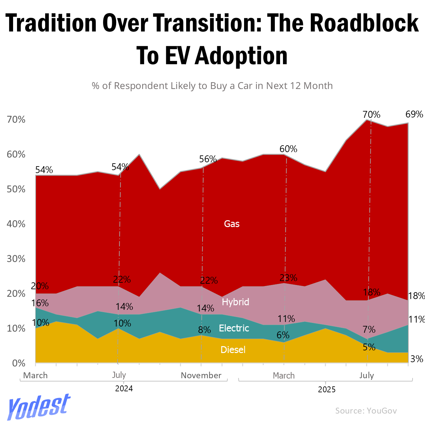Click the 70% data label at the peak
pos(371,115)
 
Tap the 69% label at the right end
pos(414,114)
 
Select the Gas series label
pos(232,224)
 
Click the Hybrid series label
pos(235,302)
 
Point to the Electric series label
pos(234,328)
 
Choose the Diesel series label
pos(233,350)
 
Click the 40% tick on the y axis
pos(16,224)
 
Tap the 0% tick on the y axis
pos(18,363)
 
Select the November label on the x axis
pos(201,375)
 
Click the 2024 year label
pos(124,389)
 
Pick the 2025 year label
pos(327,389)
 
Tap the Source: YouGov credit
pos(366,411)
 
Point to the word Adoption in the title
pos(241,56)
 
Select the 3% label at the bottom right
pos(416,359)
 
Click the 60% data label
pos(288,149)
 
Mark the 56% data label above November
pos(208,159)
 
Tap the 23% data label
pos(288,278)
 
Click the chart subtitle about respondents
pos(212,86)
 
